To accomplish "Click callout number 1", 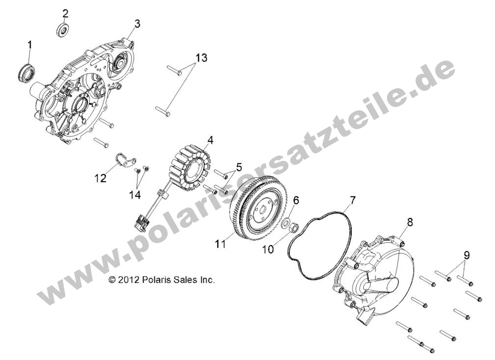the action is tap(29, 46).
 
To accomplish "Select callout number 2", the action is tap(66, 13).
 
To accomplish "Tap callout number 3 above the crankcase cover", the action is tap(137, 24).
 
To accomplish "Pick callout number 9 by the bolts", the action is tap(466, 255).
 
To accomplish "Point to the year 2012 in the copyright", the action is tap(127, 280).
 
